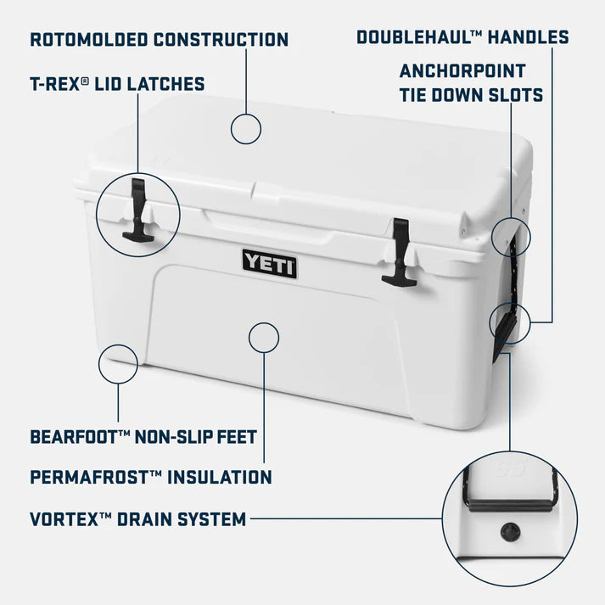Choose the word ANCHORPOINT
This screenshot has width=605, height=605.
click(x=462, y=70)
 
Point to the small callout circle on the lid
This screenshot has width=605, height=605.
click(x=246, y=129)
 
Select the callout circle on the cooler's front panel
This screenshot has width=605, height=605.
click(x=264, y=338)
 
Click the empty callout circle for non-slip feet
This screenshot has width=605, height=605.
click(x=118, y=364)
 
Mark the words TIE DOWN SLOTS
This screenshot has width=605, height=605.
click(x=471, y=95)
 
